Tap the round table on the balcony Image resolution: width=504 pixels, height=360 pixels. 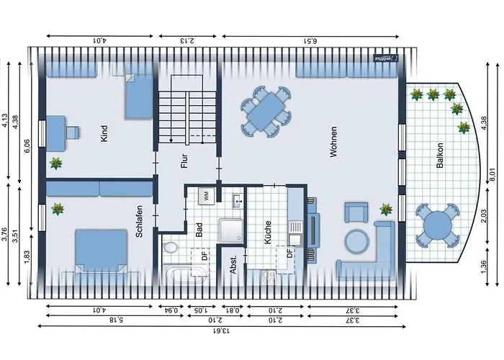(437, 225)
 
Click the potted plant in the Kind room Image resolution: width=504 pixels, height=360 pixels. (55, 164)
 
